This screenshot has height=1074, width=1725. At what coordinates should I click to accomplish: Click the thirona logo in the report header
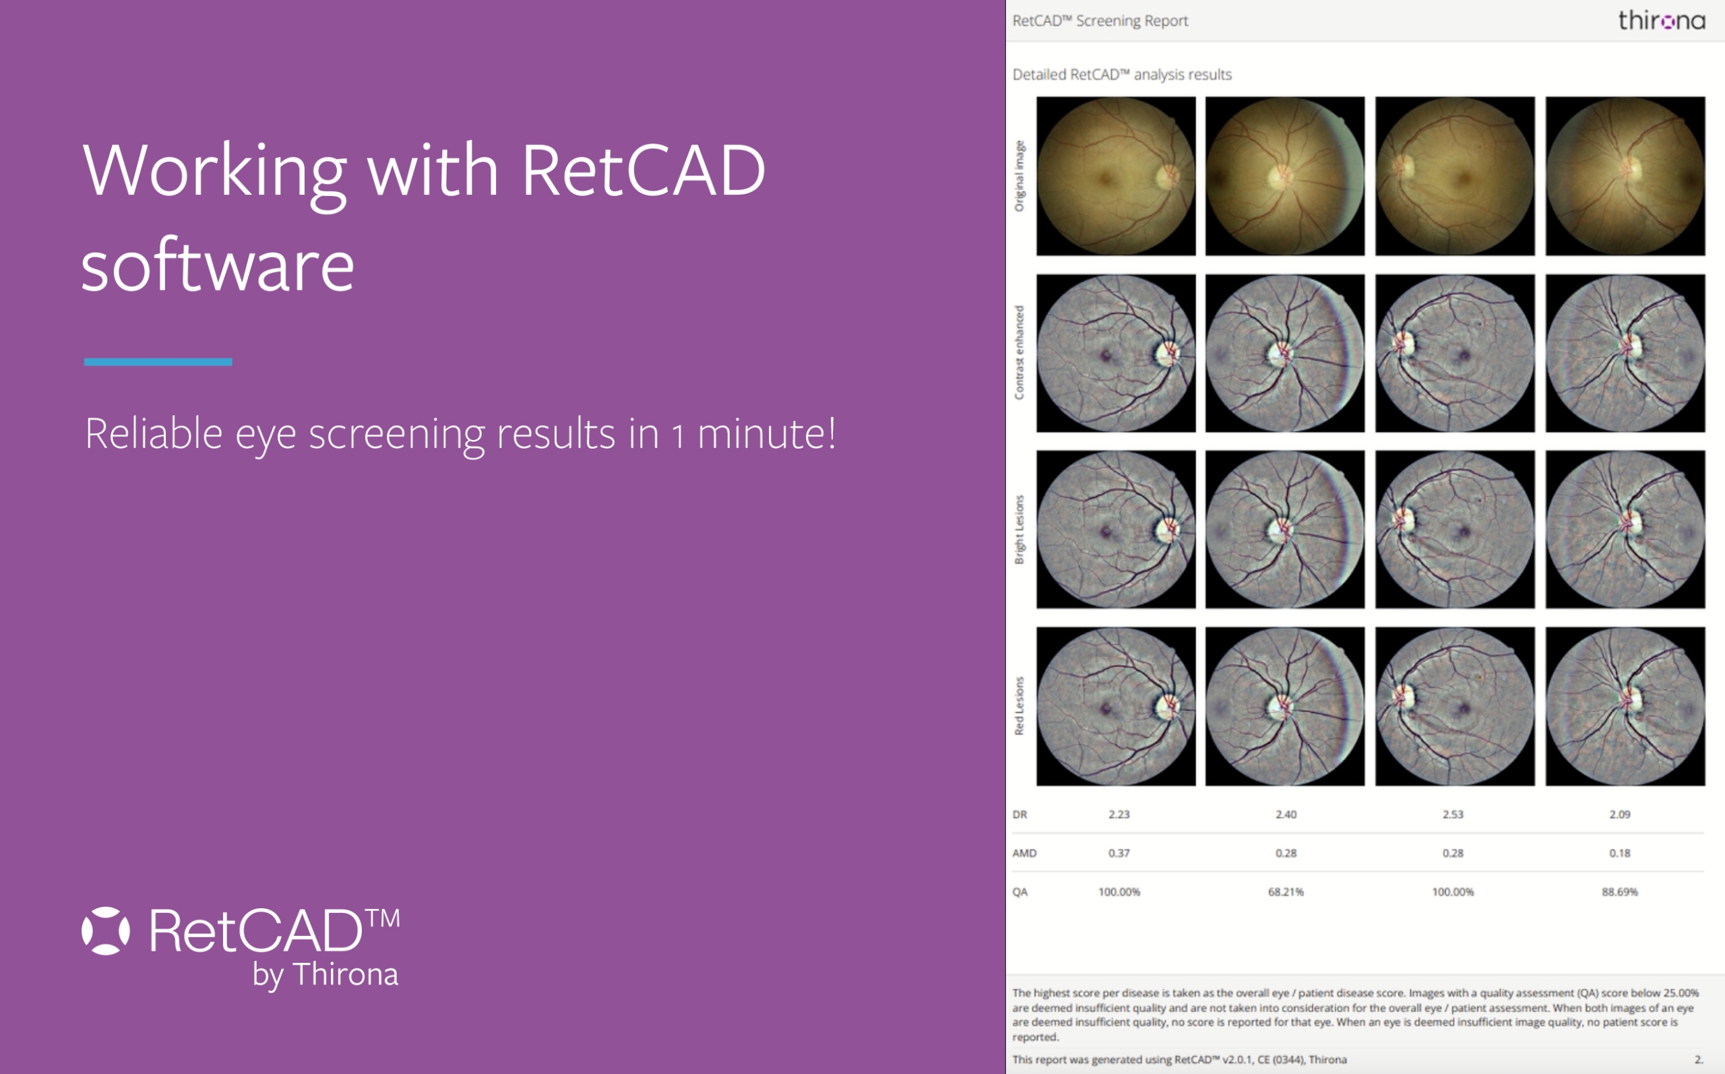[1661, 21]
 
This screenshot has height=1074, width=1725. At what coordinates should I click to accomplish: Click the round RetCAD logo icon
[106, 930]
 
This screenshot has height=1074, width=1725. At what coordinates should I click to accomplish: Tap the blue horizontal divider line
[158, 362]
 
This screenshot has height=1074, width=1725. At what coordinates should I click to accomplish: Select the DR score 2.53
[1453, 814]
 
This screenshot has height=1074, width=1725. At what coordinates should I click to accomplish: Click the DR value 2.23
[1119, 814]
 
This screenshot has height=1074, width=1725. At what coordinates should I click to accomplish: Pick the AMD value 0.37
[1119, 853]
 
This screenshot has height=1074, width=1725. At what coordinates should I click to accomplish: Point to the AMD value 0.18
[1620, 853]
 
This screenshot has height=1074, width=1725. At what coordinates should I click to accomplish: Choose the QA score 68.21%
[1286, 891]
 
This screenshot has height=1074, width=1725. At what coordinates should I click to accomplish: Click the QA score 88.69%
[1620, 891]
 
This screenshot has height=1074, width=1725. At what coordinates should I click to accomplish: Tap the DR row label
[1020, 814]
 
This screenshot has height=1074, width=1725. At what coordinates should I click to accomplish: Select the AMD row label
[1024, 853]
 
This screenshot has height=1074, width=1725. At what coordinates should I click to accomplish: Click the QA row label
[1020, 891]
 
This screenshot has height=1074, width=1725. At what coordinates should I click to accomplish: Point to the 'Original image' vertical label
[1020, 175]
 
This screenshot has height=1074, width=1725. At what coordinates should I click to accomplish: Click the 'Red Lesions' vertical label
[1020, 705]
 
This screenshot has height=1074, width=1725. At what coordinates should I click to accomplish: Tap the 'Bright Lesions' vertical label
[1020, 529]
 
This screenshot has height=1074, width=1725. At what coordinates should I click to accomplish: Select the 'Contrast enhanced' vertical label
[1020, 352]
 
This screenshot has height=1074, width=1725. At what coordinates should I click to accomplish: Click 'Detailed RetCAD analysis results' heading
[1122, 75]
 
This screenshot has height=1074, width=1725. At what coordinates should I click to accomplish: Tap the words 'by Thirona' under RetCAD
[325, 974]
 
